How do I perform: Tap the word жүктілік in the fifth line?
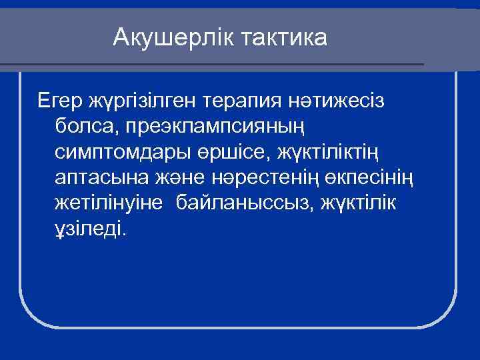(359, 203)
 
